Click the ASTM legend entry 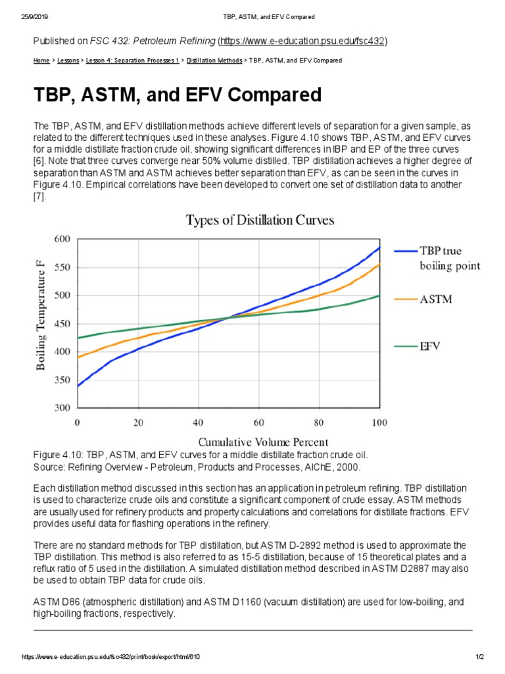[x=437, y=299]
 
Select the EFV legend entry [x=431, y=346]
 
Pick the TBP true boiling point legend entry [x=450, y=258]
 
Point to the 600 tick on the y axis [x=60, y=239]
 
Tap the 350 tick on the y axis [x=60, y=380]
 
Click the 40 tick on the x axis [x=199, y=422]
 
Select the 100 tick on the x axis [x=380, y=422]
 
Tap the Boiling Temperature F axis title [x=41, y=315]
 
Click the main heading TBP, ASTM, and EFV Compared [x=178, y=95]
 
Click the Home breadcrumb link [x=41, y=61]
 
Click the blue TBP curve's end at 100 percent [x=379, y=248]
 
